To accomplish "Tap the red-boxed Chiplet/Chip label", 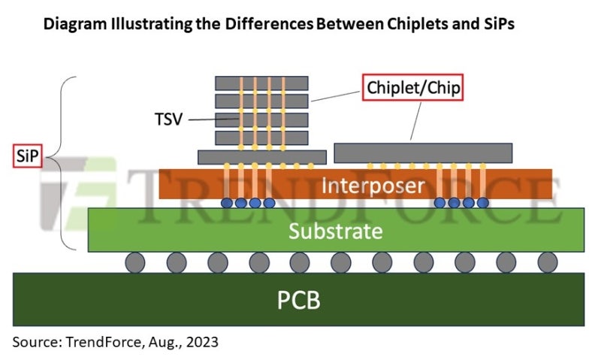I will click(x=412, y=88).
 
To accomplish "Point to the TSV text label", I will click(x=167, y=119).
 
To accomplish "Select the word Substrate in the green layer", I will click(x=337, y=231).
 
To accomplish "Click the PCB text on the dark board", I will click(x=299, y=300).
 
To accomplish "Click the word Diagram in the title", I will click(x=76, y=24).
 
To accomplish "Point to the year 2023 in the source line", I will click(x=203, y=343).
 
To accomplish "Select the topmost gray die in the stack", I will click(x=261, y=83).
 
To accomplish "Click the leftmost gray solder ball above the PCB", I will click(x=136, y=262).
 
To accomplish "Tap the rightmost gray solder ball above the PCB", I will click(x=548, y=262).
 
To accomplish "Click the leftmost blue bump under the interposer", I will click(x=227, y=203).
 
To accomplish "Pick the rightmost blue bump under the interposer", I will click(x=482, y=203).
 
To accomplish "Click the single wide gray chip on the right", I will click(x=423, y=153).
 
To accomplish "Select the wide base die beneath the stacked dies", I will click(x=261, y=156).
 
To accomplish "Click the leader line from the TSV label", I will click(x=201, y=119).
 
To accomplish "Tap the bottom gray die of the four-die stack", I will click(x=261, y=138).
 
